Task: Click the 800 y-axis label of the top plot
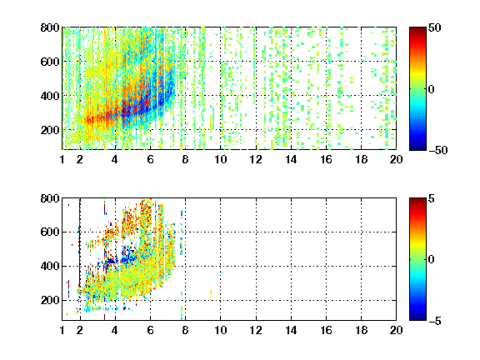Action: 50,27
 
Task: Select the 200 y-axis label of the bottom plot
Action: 50,300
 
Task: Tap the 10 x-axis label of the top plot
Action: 220,159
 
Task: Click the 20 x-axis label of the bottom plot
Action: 396,330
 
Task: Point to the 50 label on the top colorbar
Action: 434,27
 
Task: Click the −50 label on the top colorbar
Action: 437,150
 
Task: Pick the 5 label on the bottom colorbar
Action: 432,198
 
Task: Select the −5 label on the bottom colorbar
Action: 435,321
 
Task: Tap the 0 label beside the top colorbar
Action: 432,89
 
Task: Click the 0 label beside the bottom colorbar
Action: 432,260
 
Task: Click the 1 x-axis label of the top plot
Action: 62,159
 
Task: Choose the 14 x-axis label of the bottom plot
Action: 291,330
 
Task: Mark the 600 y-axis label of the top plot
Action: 50,62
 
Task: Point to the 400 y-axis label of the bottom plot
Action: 50,266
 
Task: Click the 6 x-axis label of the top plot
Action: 150,159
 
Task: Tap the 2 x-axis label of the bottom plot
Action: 80,330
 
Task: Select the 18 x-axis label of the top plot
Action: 361,159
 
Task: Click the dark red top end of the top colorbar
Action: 417,29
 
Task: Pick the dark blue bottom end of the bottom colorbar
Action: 417,318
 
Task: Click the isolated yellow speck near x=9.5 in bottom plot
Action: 211,293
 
